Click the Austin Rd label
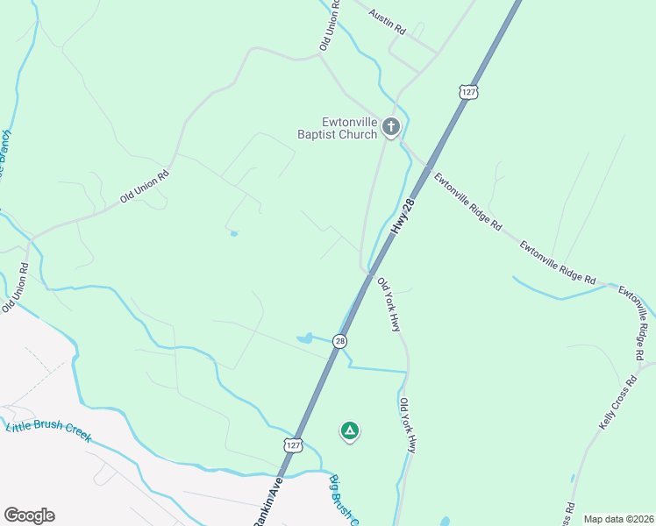[x=388, y=22]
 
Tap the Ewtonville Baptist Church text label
[x=337, y=129]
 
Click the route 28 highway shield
[x=340, y=341]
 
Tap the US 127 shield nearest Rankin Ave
[x=292, y=445]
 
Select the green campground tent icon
[x=349, y=430]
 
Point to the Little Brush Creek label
[x=48, y=432]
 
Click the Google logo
[x=29, y=515]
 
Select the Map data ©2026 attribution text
[x=619, y=519]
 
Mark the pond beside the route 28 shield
[x=305, y=338]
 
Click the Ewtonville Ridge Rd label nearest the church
[x=467, y=201]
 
